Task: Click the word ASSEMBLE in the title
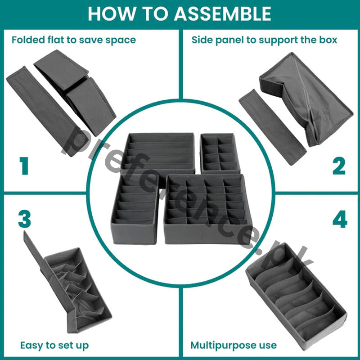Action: [x=223, y=13]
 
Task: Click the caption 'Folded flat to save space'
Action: [x=73, y=40]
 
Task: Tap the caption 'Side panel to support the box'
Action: [x=264, y=40]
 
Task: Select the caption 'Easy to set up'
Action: [x=54, y=346]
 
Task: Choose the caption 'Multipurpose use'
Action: [x=233, y=346]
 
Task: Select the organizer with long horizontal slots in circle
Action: [x=157, y=152]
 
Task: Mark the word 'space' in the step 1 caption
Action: [x=121, y=40]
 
